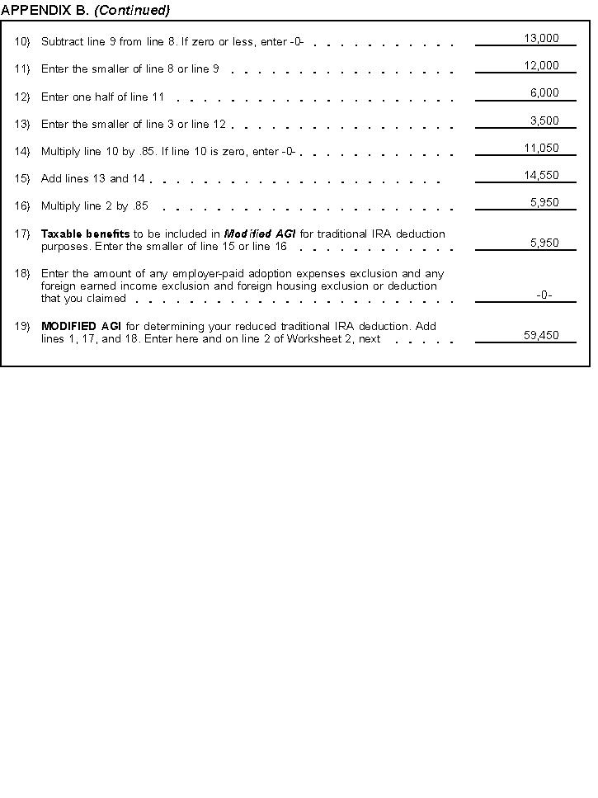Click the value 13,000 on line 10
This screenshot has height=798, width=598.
(x=541, y=38)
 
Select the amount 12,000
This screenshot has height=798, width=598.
(x=541, y=65)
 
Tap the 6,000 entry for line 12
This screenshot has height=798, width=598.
(x=544, y=93)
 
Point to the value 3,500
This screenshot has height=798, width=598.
(x=544, y=120)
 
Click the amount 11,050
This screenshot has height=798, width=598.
(x=541, y=148)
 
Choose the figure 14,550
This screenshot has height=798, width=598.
(x=541, y=175)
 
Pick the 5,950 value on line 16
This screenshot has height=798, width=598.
(x=544, y=202)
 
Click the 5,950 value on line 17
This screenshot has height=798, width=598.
(x=544, y=243)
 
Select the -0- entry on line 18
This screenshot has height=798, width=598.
(x=544, y=295)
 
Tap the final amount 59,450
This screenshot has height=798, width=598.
(x=541, y=335)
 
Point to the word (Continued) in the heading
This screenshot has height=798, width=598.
(x=133, y=10)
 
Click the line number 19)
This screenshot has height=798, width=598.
(x=22, y=326)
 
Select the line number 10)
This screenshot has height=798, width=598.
(x=22, y=42)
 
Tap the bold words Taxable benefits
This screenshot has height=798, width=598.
(x=85, y=234)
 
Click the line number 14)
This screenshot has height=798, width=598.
(x=22, y=152)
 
